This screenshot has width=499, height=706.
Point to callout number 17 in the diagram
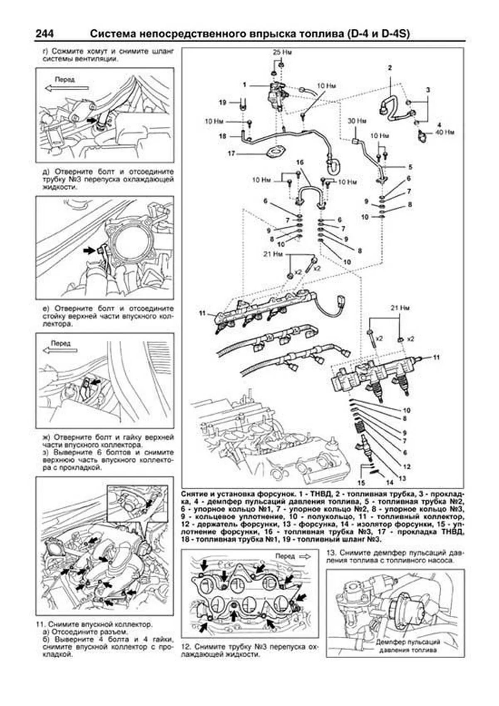(x=232, y=154)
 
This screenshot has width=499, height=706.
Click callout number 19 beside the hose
(x=222, y=102)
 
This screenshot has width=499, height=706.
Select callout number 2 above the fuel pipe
(x=390, y=67)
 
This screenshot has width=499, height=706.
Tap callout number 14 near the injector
(x=390, y=483)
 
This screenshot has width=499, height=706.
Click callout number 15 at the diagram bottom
(x=361, y=483)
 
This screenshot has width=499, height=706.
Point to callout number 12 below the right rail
(x=407, y=466)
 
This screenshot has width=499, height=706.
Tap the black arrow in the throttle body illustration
(x=89, y=250)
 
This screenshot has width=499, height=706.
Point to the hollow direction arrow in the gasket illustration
(x=305, y=556)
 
